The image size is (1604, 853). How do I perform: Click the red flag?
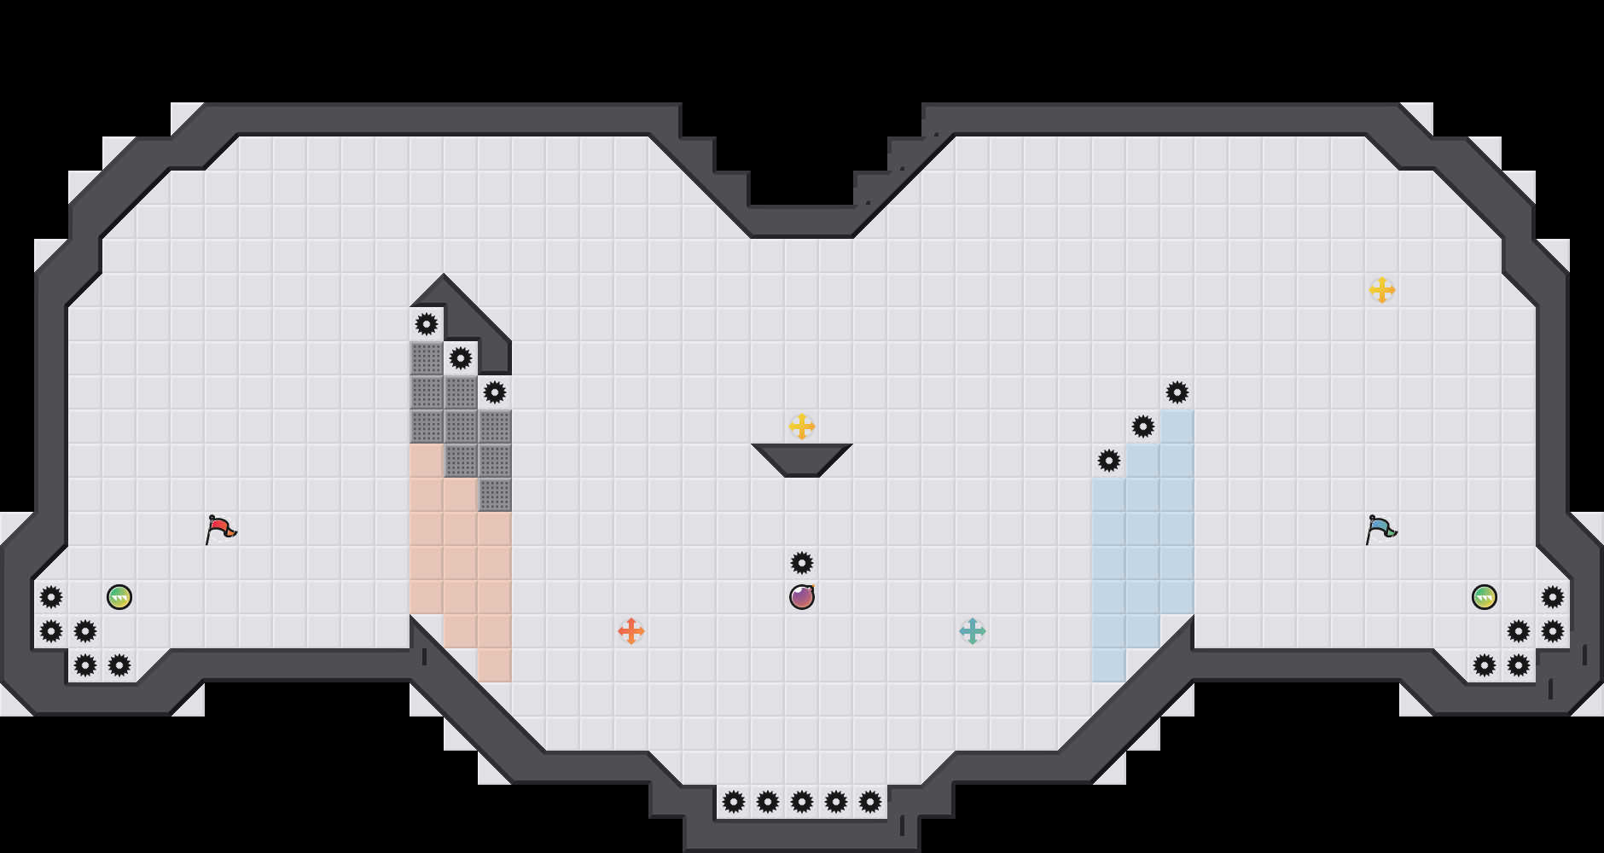coord(219,529)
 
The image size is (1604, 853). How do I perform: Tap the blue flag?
coord(1380,529)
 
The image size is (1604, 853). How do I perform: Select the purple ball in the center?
coord(802,597)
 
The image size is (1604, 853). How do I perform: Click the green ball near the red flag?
coord(119,597)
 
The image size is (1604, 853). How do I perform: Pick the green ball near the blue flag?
coord(1485,597)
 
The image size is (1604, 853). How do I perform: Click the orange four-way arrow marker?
coord(631,631)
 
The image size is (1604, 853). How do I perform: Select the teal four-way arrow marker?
coord(973,631)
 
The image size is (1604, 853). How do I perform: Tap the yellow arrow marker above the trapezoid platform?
coord(802,426)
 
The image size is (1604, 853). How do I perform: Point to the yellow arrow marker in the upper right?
coord(1382,290)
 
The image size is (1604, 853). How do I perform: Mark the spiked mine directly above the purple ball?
coord(802,563)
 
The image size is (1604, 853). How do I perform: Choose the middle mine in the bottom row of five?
coord(802,802)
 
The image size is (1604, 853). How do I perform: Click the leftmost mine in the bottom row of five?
coord(734,802)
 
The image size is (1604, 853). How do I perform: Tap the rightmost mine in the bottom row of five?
coord(870,802)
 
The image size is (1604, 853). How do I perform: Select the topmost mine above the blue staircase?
coord(1177,392)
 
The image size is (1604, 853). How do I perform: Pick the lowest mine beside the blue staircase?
coord(1109,461)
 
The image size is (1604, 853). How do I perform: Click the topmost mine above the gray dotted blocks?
coord(427,324)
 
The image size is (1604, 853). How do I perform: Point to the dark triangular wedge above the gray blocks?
coord(465,316)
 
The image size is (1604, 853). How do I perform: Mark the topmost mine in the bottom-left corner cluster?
coord(51,597)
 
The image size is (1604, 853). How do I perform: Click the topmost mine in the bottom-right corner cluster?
coord(1553,597)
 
